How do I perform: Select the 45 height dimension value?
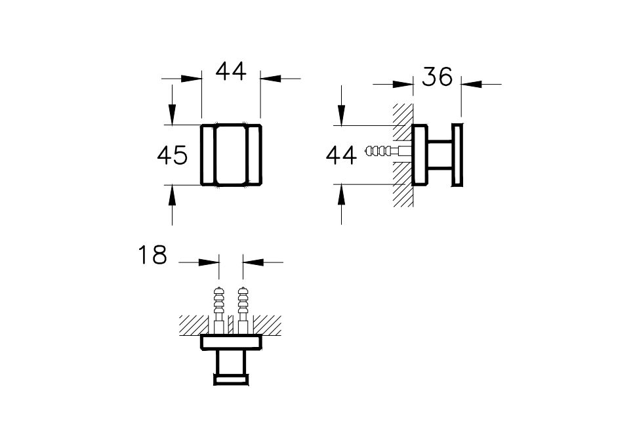coord(173,155)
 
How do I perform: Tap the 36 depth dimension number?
coord(437,77)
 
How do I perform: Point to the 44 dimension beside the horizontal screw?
coord(341,155)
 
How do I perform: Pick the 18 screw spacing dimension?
coord(152,255)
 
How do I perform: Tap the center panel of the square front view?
coord(230,155)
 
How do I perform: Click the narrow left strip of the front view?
coord(207,155)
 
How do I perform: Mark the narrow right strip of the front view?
coord(255,155)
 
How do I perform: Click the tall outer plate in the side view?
coord(456,155)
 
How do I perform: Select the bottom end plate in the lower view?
coord(231,378)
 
